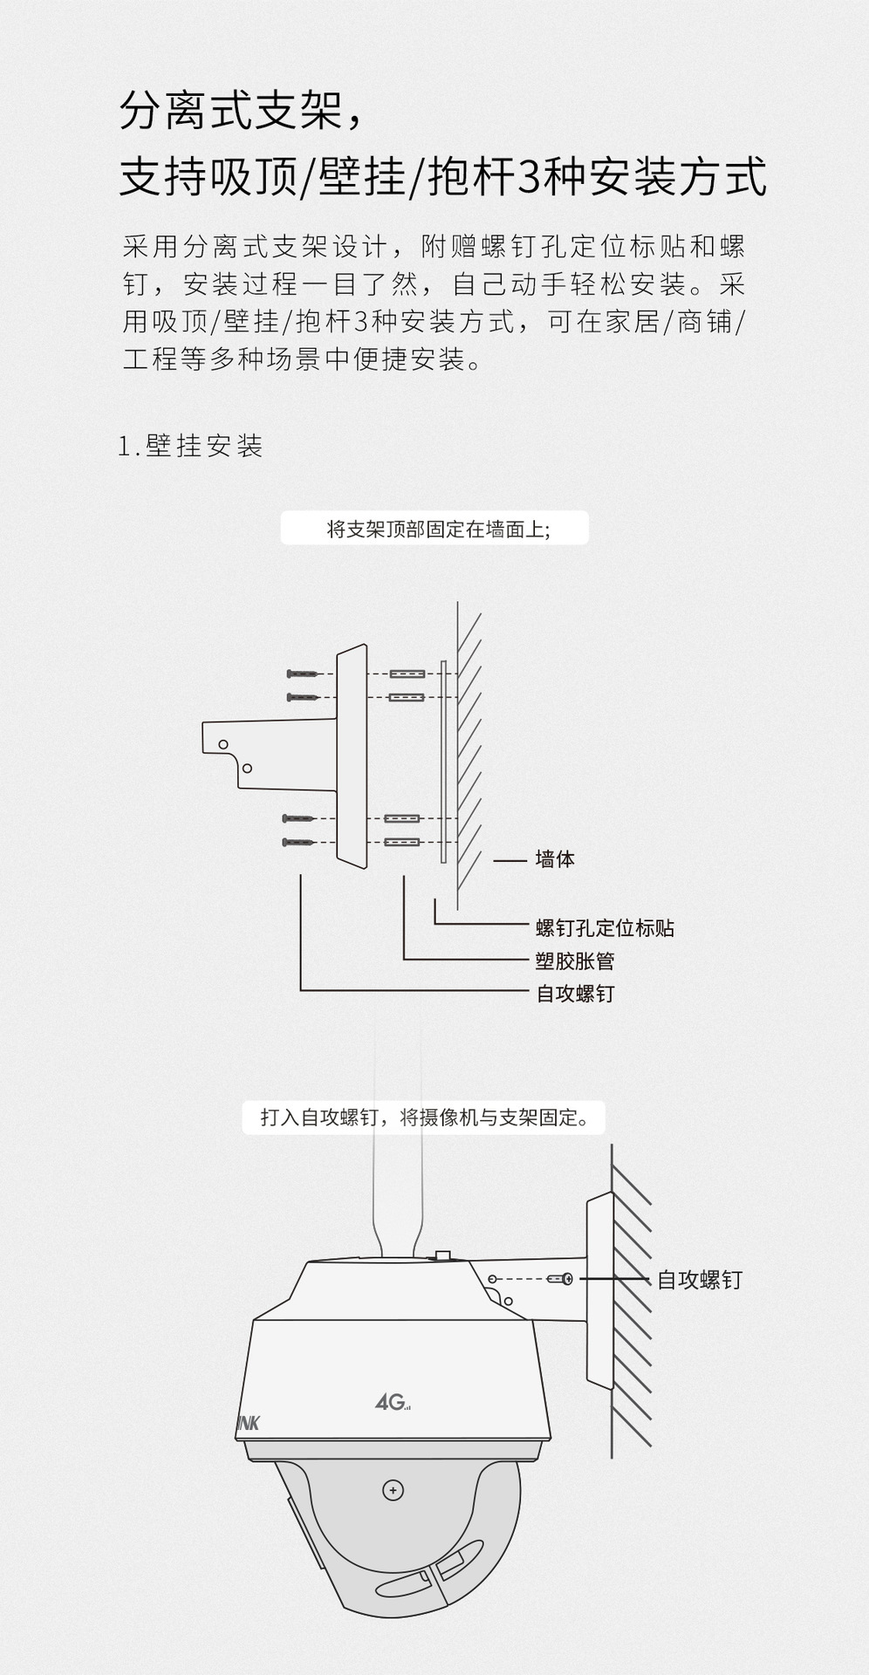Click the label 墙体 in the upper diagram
tap(555, 859)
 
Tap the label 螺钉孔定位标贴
tap(605, 927)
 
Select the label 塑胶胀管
tap(575, 961)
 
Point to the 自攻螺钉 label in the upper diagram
tap(575, 993)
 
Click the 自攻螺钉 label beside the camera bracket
tap(699, 1280)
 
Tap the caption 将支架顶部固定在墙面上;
tap(434, 529)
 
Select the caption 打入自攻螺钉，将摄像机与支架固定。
tap(424, 1118)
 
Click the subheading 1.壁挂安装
tap(190, 446)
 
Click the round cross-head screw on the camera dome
tap(393, 1490)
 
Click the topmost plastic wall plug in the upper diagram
tap(407, 673)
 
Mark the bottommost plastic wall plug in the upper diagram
tap(402, 843)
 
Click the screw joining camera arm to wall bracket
tap(559, 1279)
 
